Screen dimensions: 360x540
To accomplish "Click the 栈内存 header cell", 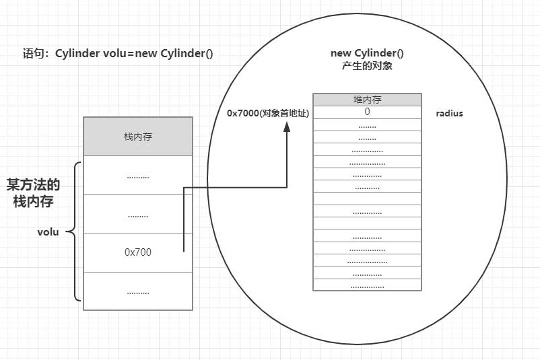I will click(x=138, y=137).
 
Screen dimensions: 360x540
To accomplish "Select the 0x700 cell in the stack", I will click(x=138, y=252).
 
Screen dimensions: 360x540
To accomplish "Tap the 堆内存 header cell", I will click(x=367, y=100).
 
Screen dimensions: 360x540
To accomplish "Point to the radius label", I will click(x=449, y=114).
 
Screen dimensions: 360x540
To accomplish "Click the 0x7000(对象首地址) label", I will click(x=267, y=114).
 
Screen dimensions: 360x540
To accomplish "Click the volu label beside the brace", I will click(x=48, y=232).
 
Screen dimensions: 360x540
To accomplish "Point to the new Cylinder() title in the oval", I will click(x=367, y=53).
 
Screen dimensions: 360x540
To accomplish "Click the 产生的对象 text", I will click(x=367, y=66).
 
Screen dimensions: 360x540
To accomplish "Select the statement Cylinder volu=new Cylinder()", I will click(x=134, y=54).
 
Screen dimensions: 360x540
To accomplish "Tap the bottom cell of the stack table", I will click(x=138, y=291).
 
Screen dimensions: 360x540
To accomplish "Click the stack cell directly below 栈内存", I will click(x=138, y=176).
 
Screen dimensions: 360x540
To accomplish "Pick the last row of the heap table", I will click(x=367, y=285).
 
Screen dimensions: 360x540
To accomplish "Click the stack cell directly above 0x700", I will click(x=138, y=215).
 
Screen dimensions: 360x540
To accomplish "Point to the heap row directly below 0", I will click(x=367, y=125).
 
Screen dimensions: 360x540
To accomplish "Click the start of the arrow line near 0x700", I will click(x=184, y=251).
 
